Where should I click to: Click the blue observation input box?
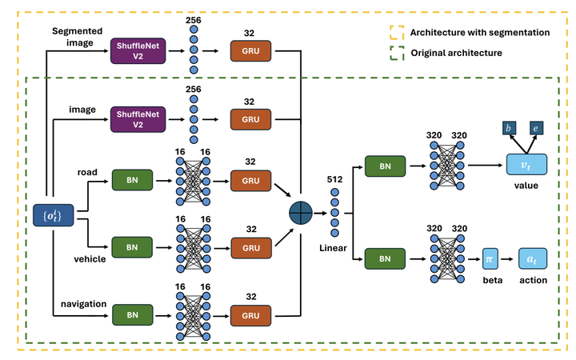[x=50, y=215]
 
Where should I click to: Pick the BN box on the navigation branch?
[x=131, y=314]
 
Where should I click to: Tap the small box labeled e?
[x=538, y=128]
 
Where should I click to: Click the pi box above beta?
[x=490, y=261]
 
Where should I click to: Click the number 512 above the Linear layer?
[x=334, y=181]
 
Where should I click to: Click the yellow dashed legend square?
[x=395, y=33]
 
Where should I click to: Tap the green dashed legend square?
[x=395, y=53]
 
